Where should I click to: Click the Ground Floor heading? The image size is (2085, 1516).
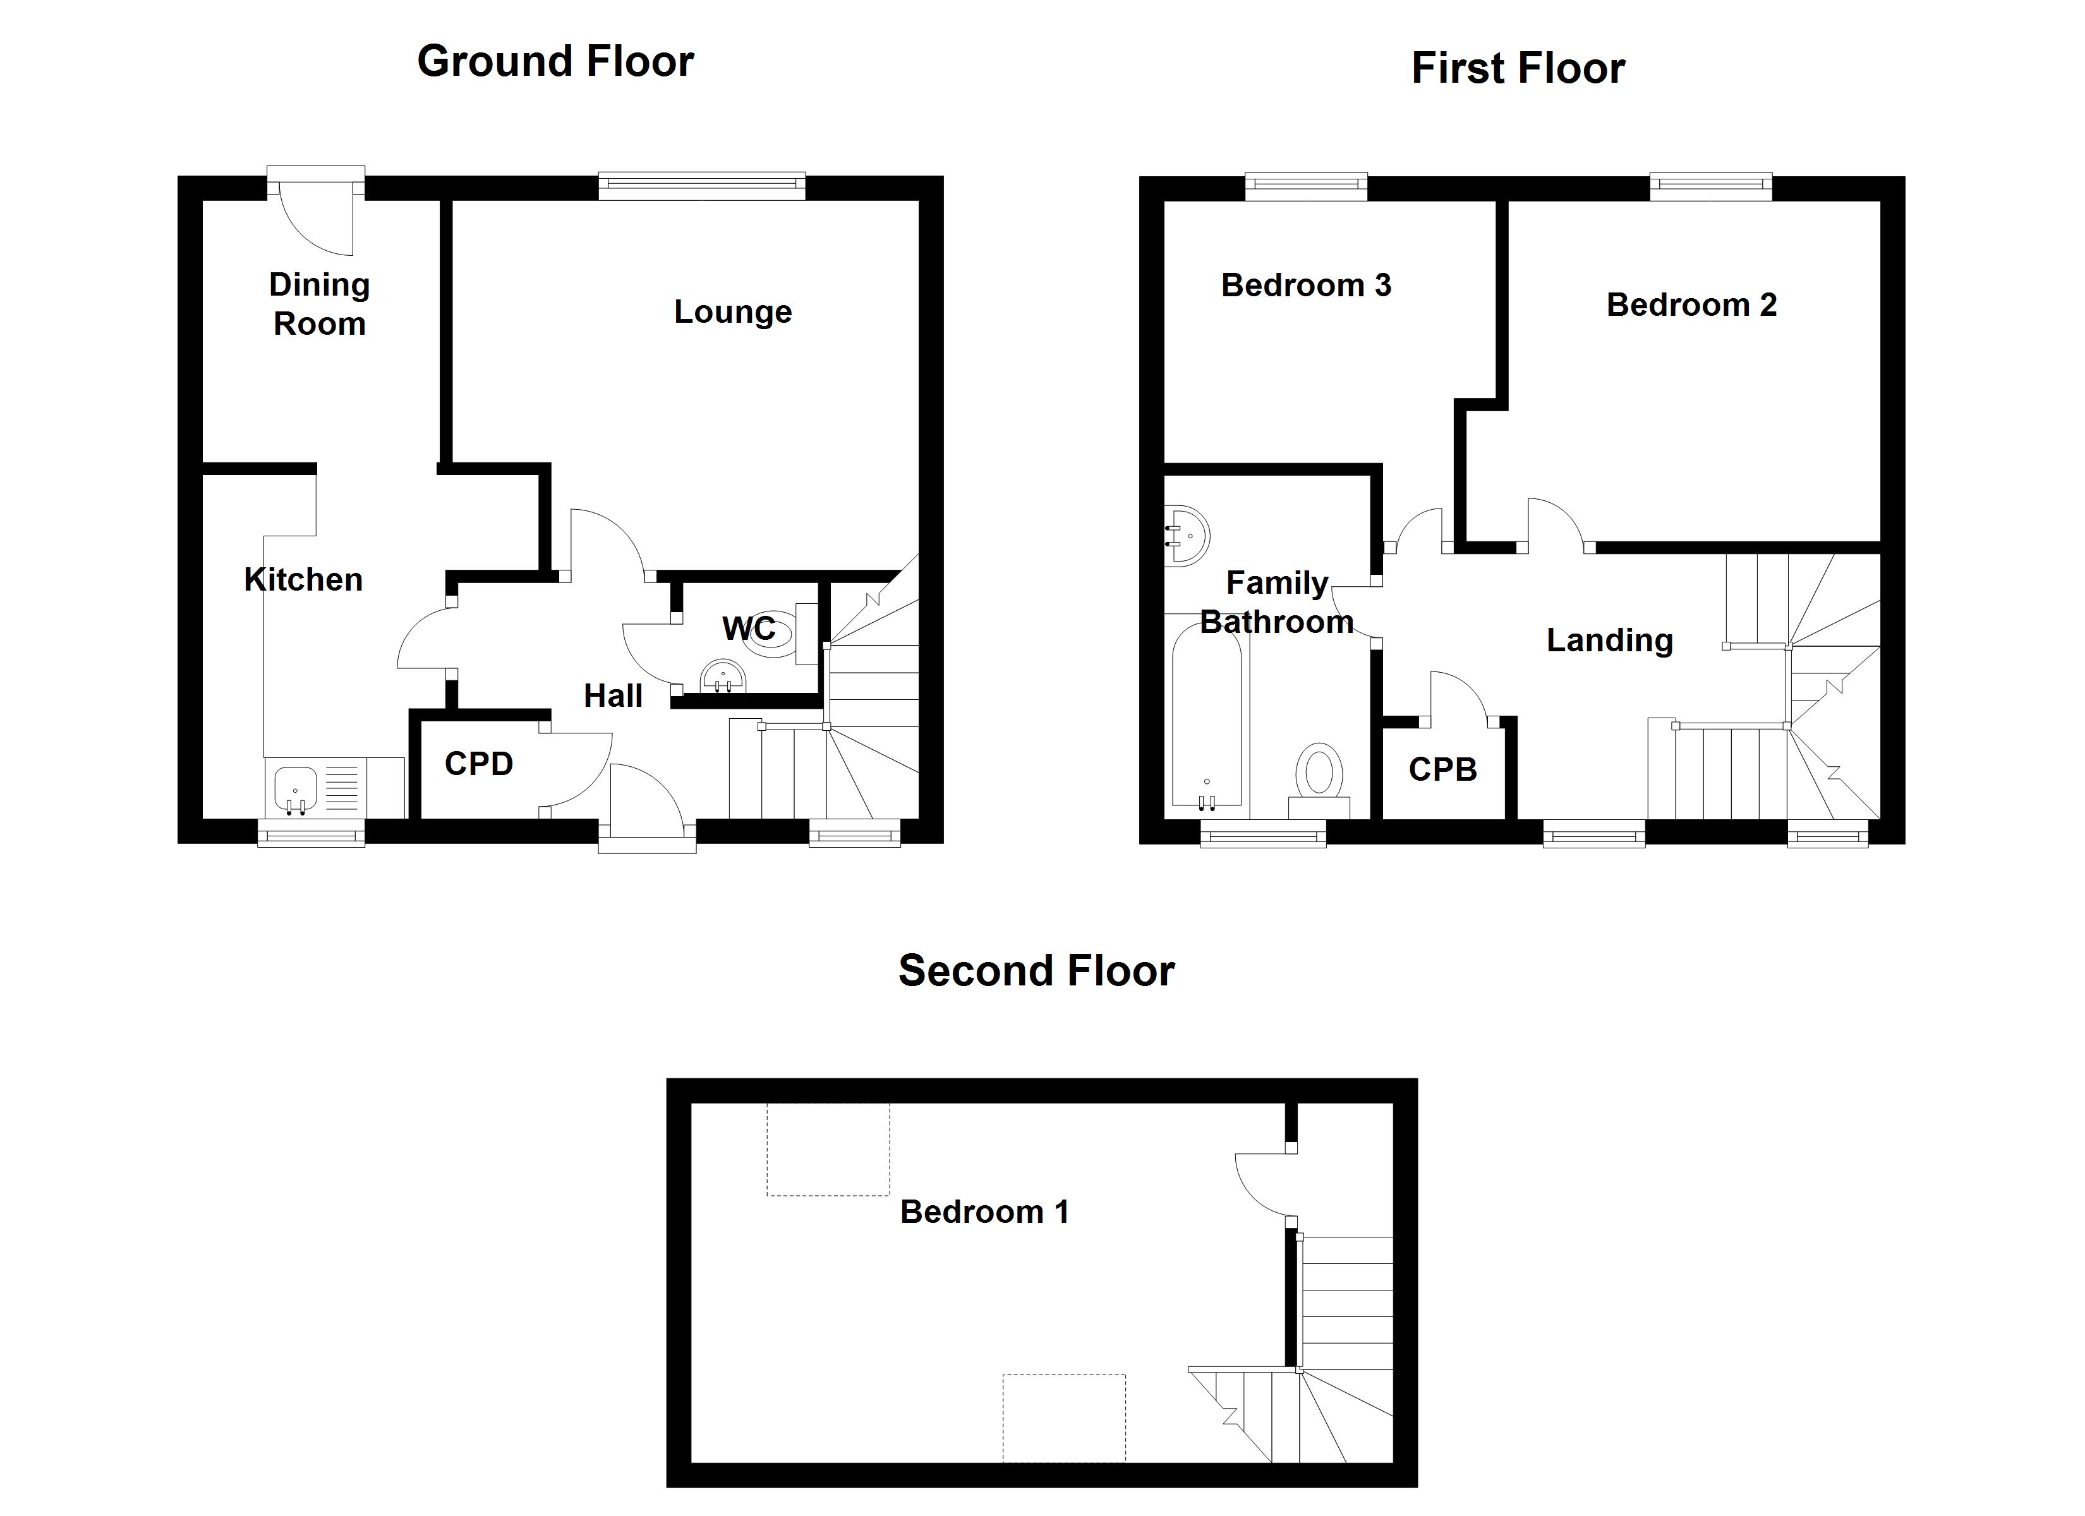pyautogui.click(x=555, y=63)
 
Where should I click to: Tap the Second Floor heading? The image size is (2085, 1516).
pyautogui.click(x=1036, y=971)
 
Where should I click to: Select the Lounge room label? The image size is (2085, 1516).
pyautogui.click(x=733, y=311)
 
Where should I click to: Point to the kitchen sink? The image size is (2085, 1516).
pyautogui.click(x=295, y=790)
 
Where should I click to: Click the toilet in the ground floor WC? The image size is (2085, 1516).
pyautogui.click(x=770, y=634)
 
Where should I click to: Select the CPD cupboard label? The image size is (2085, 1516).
pyautogui.click(x=478, y=764)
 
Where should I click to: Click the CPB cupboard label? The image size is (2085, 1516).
pyautogui.click(x=1442, y=769)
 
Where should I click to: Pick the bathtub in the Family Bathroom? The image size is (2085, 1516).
pyautogui.click(x=1207, y=717)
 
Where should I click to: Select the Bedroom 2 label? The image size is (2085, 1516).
pyautogui.click(x=1691, y=305)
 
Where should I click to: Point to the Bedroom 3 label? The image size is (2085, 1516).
pyautogui.click(x=1305, y=286)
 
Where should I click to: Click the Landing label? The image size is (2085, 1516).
pyautogui.click(x=1609, y=641)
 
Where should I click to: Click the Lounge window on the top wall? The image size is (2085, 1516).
pyautogui.click(x=701, y=186)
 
